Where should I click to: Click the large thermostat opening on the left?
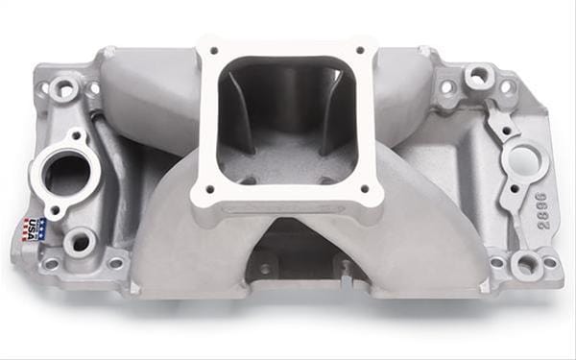point(67,174)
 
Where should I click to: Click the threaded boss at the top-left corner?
point(66,89)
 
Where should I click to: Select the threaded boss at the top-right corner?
point(477,76)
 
